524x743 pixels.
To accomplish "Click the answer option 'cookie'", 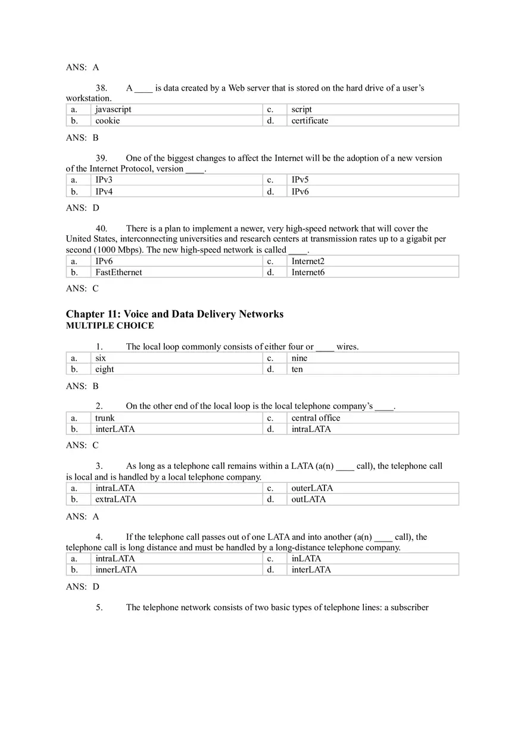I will [108, 121].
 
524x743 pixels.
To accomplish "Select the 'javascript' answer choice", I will [113, 110].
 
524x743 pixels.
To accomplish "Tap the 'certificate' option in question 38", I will [310, 121].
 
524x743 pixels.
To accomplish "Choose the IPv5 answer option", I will [300, 180].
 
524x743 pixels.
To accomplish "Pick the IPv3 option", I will [104, 180].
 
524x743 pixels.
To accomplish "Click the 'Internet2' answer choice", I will [308, 261].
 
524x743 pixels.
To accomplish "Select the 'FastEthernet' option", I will [118, 272].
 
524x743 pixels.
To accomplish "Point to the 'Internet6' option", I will [308, 272].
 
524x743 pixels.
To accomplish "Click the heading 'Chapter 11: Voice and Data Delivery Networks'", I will [174, 314].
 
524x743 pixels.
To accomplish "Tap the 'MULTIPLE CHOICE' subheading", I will [110, 326].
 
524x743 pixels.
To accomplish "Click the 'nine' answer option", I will [300, 358].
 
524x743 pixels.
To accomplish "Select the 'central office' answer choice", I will [316, 418].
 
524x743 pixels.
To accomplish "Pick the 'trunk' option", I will [105, 418].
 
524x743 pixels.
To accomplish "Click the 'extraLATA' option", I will [116, 499].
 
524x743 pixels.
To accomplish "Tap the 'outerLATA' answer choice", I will [312, 488].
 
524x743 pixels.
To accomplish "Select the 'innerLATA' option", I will [116, 570].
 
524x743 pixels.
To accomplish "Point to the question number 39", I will [101, 158].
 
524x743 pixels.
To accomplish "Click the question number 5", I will [99, 608].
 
